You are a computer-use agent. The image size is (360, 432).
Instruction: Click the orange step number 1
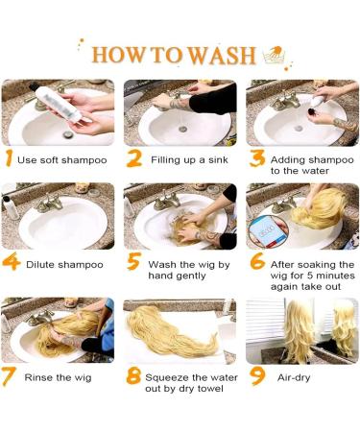coord(10,158)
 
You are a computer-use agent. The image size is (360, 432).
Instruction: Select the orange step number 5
coord(134,261)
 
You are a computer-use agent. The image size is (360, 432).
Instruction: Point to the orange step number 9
coord(258,376)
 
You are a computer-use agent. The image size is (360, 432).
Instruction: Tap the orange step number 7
coord(9,376)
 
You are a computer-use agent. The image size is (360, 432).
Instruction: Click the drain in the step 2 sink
coord(183,130)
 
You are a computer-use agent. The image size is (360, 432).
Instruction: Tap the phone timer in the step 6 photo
coord(268,231)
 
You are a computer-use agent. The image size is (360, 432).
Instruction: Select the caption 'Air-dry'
coord(294,377)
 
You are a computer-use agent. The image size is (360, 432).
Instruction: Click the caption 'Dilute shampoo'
coord(64,265)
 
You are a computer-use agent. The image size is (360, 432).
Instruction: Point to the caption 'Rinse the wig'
coord(58,377)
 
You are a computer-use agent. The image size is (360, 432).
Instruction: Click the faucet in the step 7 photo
coord(41,318)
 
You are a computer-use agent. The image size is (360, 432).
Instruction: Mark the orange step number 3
coord(257,158)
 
